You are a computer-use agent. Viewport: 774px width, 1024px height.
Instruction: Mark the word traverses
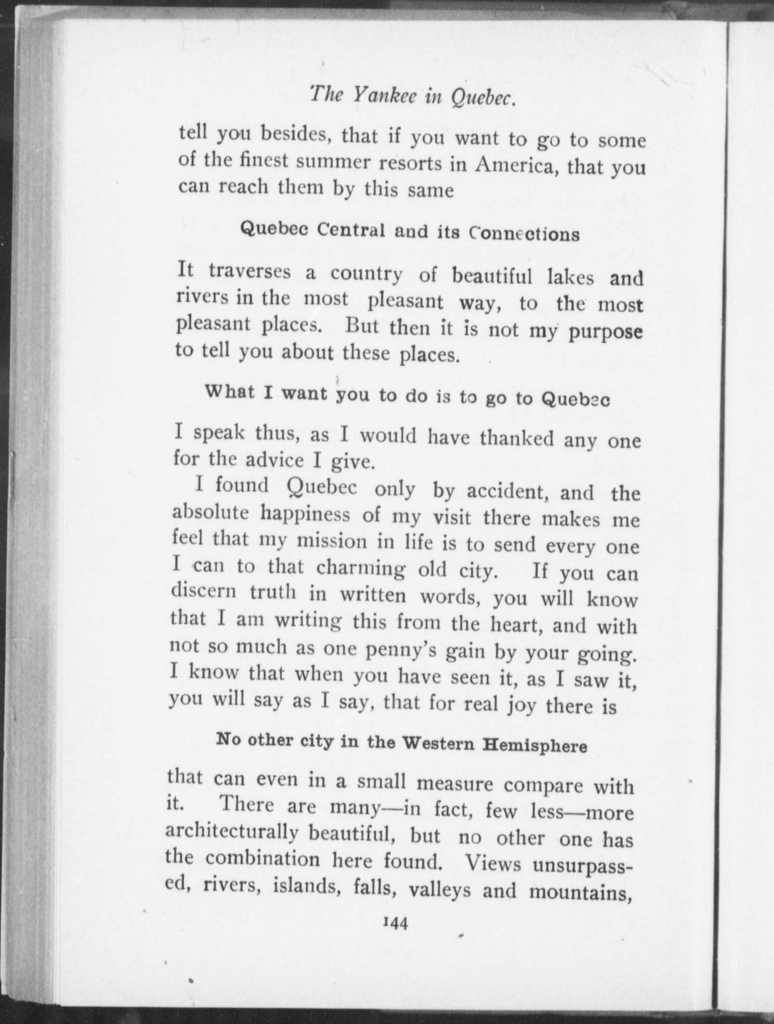coord(250,272)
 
